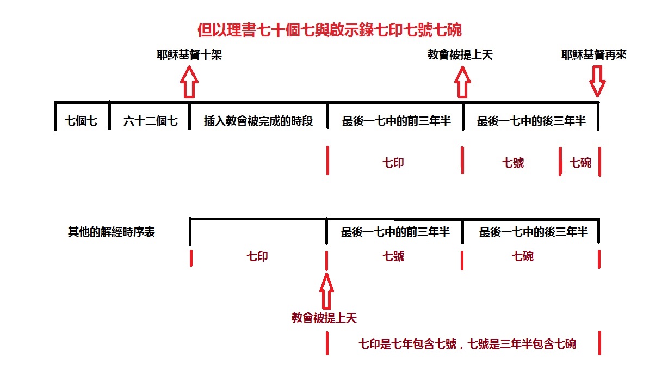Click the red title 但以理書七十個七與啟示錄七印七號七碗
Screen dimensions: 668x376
click(x=330, y=30)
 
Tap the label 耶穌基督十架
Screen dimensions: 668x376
click(x=189, y=54)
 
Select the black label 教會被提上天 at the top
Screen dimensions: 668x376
click(x=460, y=54)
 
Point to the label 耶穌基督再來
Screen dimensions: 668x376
click(x=593, y=54)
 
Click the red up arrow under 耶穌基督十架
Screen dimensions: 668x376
click(x=189, y=82)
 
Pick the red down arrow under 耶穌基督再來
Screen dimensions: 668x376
click(x=597, y=82)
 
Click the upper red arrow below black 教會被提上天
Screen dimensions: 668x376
click(x=462, y=82)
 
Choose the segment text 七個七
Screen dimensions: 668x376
click(x=81, y=121)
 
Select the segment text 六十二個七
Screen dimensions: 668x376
click(x=151, y=121)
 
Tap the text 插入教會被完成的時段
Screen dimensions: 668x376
click(x=258, y=121)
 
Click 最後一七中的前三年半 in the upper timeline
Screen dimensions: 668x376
click(x=397, y=121)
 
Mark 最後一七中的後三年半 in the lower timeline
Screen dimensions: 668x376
click(x=534, y=232)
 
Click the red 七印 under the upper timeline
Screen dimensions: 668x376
click(x=393, y=163)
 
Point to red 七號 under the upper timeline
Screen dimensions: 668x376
click(x=513, y=163)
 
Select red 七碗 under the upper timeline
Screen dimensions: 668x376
click(x=580, y=163)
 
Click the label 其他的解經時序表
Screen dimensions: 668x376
click(x=112, y=232)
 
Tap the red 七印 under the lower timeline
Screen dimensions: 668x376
click(x=257, y=256)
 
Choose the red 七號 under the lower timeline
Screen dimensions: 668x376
click(x=393, y=256)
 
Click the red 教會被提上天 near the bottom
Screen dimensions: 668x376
click(x=324, y=318)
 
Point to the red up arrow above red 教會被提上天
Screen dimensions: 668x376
click(x=326, y=291)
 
